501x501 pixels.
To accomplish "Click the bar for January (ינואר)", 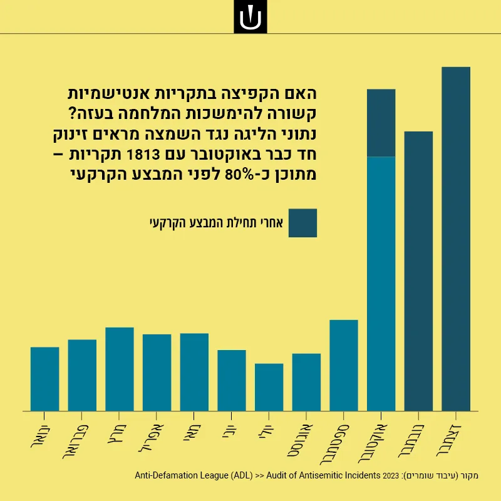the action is pyautogui.click(x=44, y=379).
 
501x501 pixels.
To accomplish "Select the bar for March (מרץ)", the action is pyautogui.click(x=120, y=369).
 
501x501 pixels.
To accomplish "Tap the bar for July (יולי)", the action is pyautogui.click(x=269, y=387).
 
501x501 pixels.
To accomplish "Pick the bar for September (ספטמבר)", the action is pyautogui.click(x=344, y=366).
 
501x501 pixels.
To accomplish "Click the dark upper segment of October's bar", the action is pyautogui.click(x=381, y=123).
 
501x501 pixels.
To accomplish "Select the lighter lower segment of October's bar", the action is pyautogui.click(x=381, y=284).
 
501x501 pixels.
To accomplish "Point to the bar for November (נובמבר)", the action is pyautogui.click(x=418, y=271).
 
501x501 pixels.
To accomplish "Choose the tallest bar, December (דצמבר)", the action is pyautogui.click(x=456, y=239).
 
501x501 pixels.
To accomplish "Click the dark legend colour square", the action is pyautogui.click(x=302, y=223).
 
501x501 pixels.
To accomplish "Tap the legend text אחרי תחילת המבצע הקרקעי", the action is pyautogui.click(x=216, y=223).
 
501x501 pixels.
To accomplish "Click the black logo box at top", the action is pyautogui.click(x=250, y=17).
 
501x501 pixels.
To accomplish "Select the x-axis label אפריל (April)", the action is pyautogui.click(x=152, y=438).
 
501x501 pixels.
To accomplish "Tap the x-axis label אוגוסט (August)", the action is pyautogui.click(x=301, y=440).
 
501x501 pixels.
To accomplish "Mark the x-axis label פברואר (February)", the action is pyautogui.click(x=76, y=442).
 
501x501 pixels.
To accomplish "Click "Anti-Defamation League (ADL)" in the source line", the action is pyautogui.click(x=194, y=475).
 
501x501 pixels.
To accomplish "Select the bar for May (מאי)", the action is pyautogui.click(x=194, y=372).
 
